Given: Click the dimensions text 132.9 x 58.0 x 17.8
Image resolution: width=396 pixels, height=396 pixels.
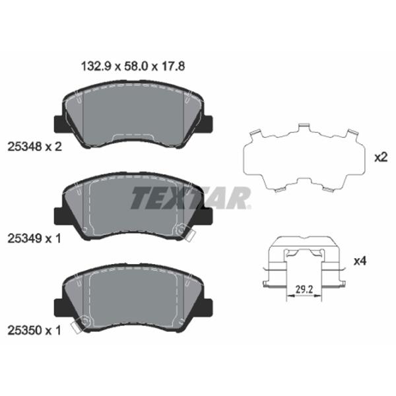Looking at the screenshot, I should [x=129, y=66].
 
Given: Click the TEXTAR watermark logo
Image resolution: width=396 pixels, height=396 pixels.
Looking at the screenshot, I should [x=191, y=197].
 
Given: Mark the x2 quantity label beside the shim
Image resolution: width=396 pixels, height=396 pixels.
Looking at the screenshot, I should [x=380, y=158].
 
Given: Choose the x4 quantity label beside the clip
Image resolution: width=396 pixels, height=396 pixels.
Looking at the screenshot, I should [x=360, y=261].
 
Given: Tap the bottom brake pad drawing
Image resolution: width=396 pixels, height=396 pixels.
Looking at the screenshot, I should [x=133, y=297].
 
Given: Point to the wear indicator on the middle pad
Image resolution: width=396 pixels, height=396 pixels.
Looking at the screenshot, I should [x=182, y=231].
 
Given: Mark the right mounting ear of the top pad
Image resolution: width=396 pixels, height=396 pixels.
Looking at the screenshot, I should [x=208, y=123].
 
